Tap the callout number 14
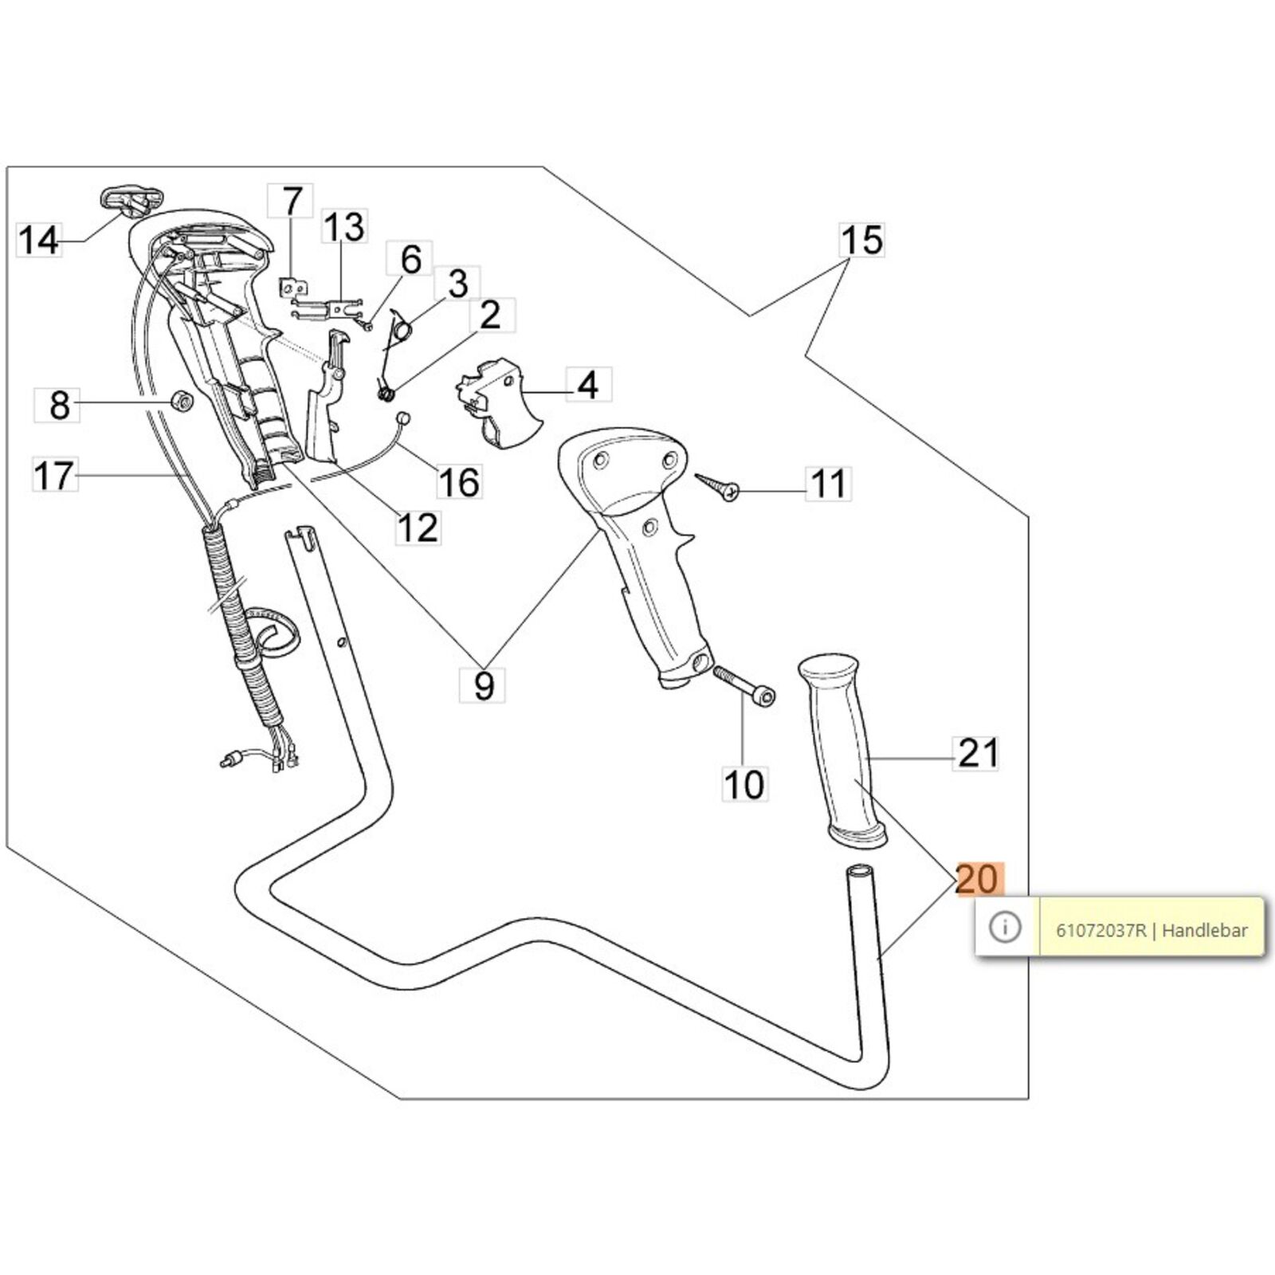click(38, 239)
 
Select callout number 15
click(862, 239)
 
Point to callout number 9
click(484, 685)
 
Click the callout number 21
click(977, 752)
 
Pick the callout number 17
click(55, 476)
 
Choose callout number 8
click(59, 405)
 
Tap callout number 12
click(418, 528)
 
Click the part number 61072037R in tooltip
click(1101, 930)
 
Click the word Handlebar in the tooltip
click(1205, 930)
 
